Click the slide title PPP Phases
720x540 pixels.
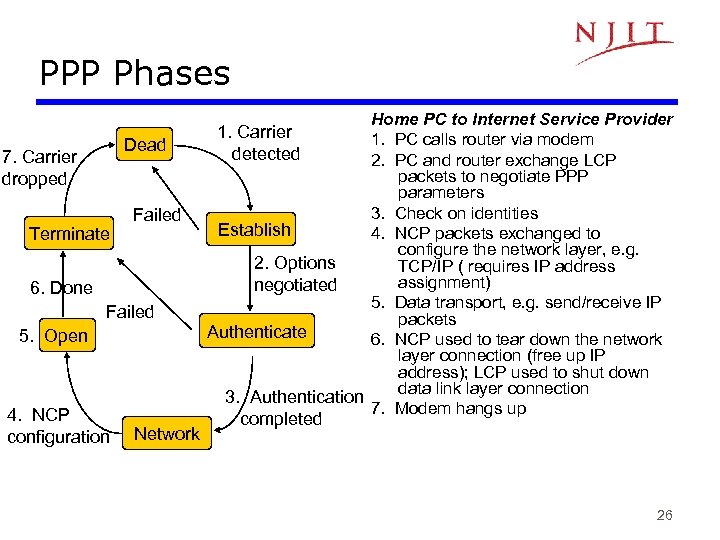[135, 73]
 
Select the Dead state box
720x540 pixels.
[145, 145]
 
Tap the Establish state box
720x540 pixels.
[254, 229]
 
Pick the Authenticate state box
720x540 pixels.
[257, 331]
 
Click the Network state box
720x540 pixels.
[166, 433]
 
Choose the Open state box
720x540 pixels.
[66, 335]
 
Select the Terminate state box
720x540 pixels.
[69, 233]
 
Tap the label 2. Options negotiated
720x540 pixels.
[295, 273]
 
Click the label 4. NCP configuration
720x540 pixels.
[58, 425]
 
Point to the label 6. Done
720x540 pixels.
[61, 288]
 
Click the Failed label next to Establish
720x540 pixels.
[157, 215]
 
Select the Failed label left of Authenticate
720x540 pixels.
[130, 311]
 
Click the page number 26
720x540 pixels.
[664, 516]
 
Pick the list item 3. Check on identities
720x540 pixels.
[455, 213]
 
